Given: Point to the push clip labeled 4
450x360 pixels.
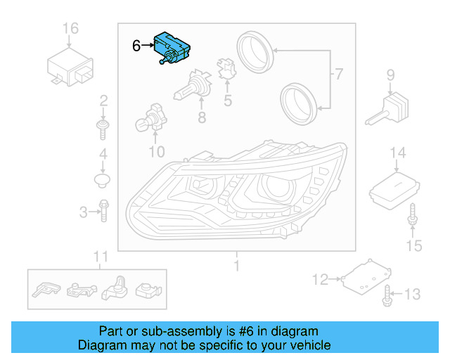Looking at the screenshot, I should [x=103, y=181].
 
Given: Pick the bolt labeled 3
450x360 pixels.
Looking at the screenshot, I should [x=103, y=210].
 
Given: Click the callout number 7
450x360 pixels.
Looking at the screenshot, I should [x=339, y=74].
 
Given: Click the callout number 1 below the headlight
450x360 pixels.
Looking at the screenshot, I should [x=236, y=266].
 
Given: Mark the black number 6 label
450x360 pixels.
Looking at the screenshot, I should [x=136, y=46].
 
